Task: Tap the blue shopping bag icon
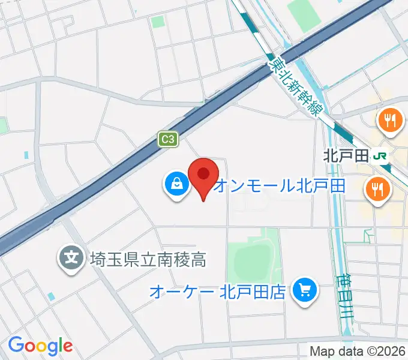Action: coord(177,184)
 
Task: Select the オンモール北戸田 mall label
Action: coord(280,185)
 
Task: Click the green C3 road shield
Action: coord(169,139)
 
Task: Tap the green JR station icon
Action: coord(380,157)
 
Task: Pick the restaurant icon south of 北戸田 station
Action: coord(376,190)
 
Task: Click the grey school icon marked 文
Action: coord(71,259)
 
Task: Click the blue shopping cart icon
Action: coord(304,292)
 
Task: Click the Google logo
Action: coord(40,346)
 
